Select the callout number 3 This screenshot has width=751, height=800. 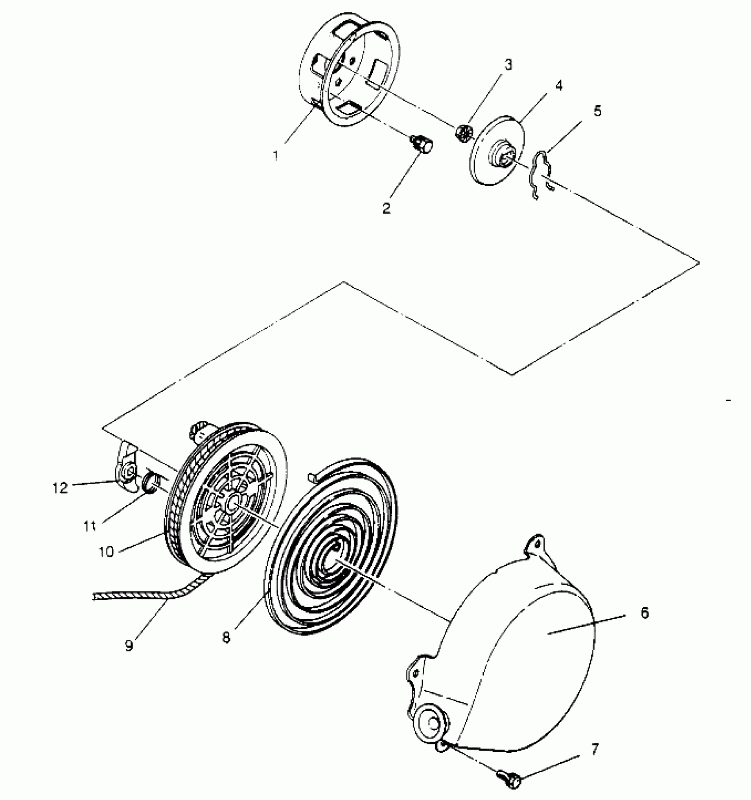click(x=508, y=65)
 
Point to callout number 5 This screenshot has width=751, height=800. click(x=597, y=111)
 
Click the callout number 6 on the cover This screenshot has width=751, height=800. click(x=645, y=613)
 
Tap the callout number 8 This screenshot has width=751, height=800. click(x=226, y=638)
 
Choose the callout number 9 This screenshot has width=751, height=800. click(x=129, y=645)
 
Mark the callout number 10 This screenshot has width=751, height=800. click(x=106, y=552)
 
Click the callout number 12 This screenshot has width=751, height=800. click(x=60, y=488)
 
